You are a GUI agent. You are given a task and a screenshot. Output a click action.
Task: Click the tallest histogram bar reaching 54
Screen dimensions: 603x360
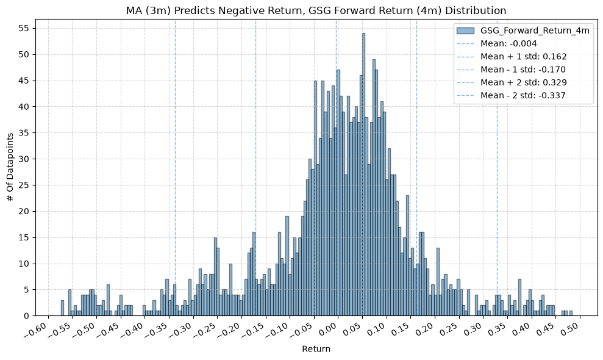click(x=363, y=175)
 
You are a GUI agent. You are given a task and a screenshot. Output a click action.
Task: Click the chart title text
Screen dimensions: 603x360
click(x=316, y=10)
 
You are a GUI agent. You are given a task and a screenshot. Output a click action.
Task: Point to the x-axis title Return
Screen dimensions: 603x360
click(x=316, y=349)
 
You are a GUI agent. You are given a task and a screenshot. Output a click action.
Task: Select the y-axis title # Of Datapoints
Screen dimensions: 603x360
click(x=10, y=167)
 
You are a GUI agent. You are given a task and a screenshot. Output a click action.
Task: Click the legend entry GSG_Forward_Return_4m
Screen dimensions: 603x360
click(x=523, y=31)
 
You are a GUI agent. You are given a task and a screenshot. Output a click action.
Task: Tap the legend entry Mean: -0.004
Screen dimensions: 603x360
click(x=497, y=43)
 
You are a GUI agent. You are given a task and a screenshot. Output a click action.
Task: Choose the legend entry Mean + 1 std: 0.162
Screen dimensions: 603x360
click(x=512, y=57)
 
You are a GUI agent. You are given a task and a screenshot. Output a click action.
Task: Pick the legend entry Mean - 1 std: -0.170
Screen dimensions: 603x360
click(x=512, y=70)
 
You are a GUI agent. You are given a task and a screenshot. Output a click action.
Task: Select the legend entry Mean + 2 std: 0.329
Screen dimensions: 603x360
click(x=512, y=82)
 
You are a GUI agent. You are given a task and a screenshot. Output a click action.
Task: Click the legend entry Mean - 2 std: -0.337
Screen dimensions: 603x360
click(x=512, y=95)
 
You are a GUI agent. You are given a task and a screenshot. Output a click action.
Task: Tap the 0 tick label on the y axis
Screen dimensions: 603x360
click(x=27, y=315)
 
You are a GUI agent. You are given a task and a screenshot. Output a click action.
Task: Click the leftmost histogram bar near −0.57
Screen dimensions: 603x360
click(x=62, y=308)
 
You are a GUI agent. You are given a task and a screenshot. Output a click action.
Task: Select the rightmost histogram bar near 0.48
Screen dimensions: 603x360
click(x=571, y=313)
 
